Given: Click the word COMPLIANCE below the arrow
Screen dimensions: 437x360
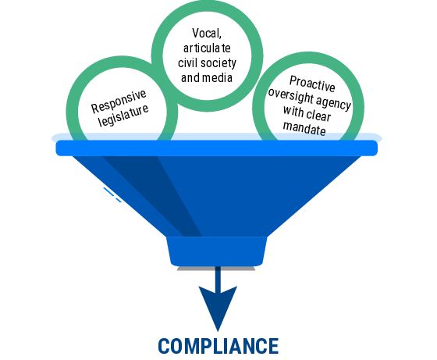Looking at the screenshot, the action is pyautogui.click(x=218, y=346).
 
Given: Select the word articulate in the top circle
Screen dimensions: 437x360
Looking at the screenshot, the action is pyautogui.click(x=207, y=48).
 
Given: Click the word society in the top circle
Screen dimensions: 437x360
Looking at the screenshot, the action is pyautogui.click(x=218, y=63).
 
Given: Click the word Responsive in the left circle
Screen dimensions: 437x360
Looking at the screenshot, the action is pyautogui.click(x=119, y=102).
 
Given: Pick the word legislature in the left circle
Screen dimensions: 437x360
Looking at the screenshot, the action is pyautogui.click(x=123, y=116).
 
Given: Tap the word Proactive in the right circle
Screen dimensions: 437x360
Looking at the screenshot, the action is pyautogui.click(x=312, y=84).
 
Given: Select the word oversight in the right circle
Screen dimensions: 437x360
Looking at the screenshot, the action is pyautogui.click(x=291, y=96).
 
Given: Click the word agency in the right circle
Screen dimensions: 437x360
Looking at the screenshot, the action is pyautogui.click(x=334, y=103).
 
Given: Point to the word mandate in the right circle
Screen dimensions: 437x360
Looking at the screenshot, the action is pyautogui.click(x=304, y=128).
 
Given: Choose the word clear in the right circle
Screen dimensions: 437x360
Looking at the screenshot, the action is pyautogui.click(x=318, y=115).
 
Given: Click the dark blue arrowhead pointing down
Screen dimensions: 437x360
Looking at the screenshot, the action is pyautogui.click(x=218, y=305).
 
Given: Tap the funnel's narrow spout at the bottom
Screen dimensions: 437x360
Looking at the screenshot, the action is pyautogui.click(x=217, y=251).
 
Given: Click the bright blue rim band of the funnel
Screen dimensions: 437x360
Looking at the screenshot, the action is pyautogui.click(x=217, y=148).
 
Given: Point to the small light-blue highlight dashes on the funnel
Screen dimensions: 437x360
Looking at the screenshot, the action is pyautogui.click(x=112, y=194).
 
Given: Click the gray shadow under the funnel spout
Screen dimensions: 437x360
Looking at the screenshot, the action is pyautogui.click(x=216, y=269).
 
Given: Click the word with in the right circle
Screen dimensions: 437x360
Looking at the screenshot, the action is pyautogui.click(x=293, y=111).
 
